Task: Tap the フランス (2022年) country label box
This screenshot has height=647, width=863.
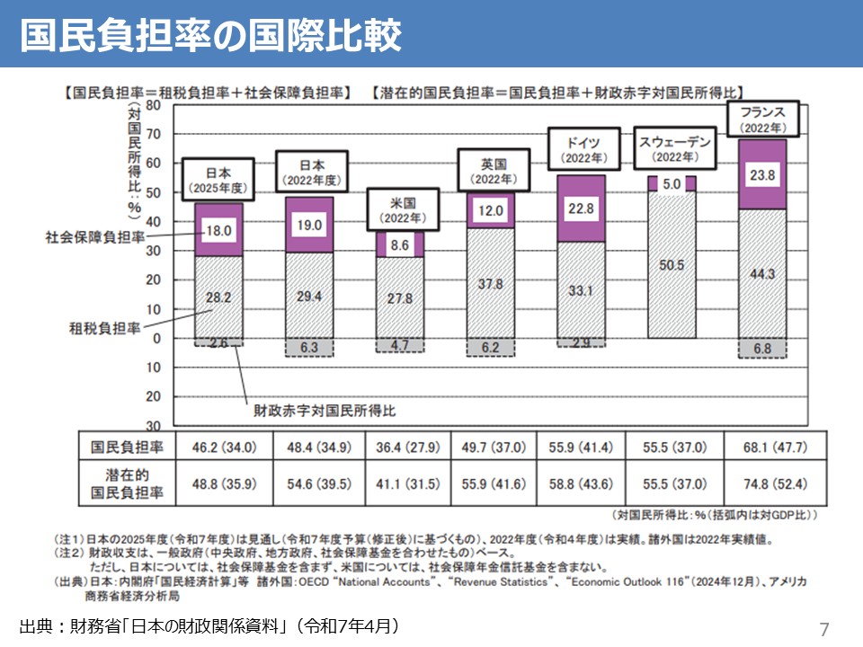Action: pos(762,120)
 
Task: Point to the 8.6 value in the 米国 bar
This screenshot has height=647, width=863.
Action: pos(400,244)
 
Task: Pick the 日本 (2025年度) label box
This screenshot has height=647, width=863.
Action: pos(218,179)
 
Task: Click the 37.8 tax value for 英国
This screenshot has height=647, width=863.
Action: pos(490,284)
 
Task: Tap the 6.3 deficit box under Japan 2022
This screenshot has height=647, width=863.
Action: pos(308,347)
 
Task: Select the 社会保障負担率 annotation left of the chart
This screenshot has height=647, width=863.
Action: pos(93,238)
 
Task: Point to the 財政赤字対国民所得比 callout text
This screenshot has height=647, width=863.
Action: pos(325,411)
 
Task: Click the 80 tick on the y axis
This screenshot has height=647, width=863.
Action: pos(152,105)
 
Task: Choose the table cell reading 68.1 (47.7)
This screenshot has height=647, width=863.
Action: pos(762,447)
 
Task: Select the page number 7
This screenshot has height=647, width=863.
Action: pos(824,627)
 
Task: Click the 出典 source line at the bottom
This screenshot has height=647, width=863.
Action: pos(209,625)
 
